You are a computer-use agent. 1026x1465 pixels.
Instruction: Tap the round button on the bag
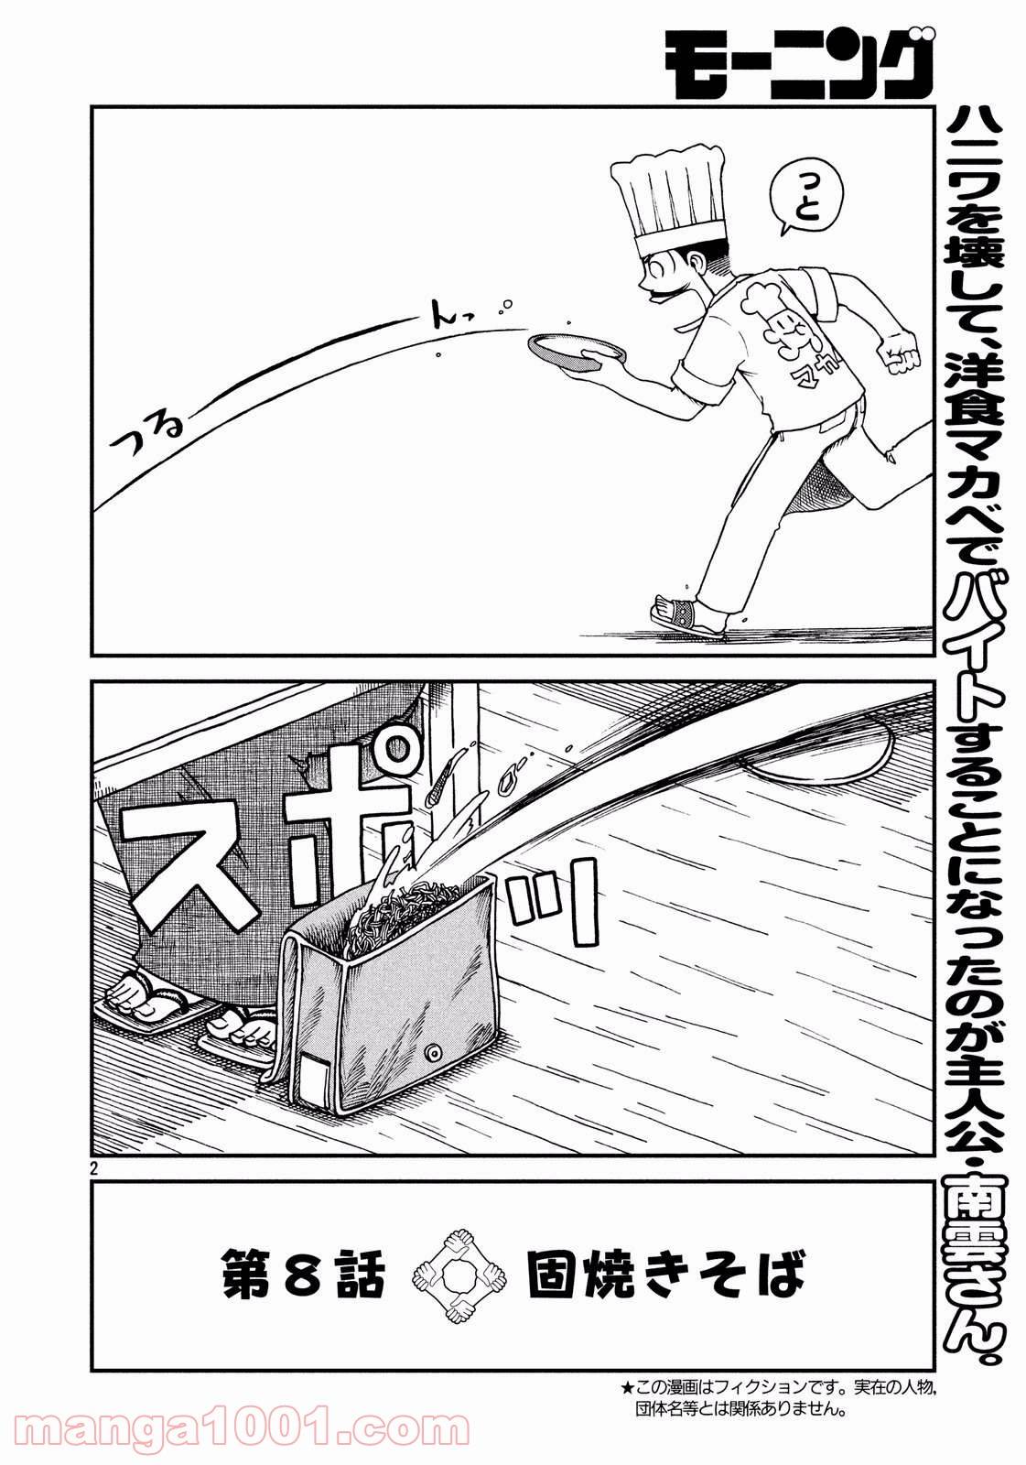pyautogui.click(x=434, y=1047)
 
